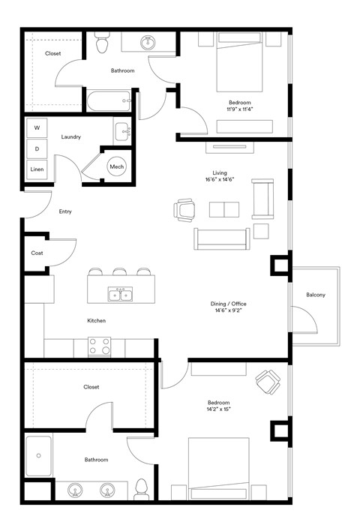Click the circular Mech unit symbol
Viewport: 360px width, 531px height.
(116, 166)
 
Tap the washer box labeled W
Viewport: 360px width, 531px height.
(37, 128)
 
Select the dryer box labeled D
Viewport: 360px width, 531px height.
(37, 148)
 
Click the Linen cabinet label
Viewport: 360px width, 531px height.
(37, 169)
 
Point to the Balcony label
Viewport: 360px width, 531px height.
(316, 295)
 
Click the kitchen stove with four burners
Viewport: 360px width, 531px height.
(100, 346)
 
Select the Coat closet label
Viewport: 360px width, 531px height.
(37, 253)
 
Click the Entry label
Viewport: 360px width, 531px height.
(65, 211)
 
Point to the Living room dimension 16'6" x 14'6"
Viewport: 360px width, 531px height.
(220, 180)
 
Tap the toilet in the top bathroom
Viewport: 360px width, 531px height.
(103, 46)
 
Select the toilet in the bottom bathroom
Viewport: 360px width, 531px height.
(142, 490)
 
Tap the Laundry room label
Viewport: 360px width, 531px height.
(71, 136)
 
